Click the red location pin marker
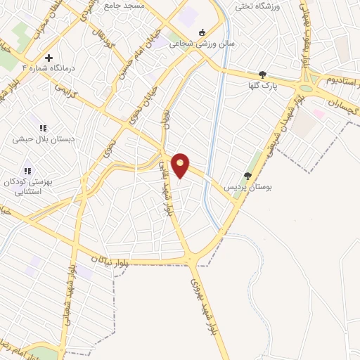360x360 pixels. [181, 165]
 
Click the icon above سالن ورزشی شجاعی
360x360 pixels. [202, 32]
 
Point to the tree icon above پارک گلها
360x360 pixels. [262, 75]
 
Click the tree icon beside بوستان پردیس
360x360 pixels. [247, 176]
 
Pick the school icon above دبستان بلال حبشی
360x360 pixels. [43, 128]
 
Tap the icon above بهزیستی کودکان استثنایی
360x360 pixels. [27, 170]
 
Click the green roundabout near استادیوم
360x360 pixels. [307, 88]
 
